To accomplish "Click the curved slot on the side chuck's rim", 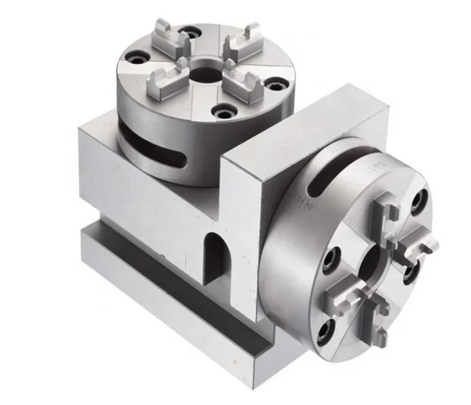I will (x=321, y=179).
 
